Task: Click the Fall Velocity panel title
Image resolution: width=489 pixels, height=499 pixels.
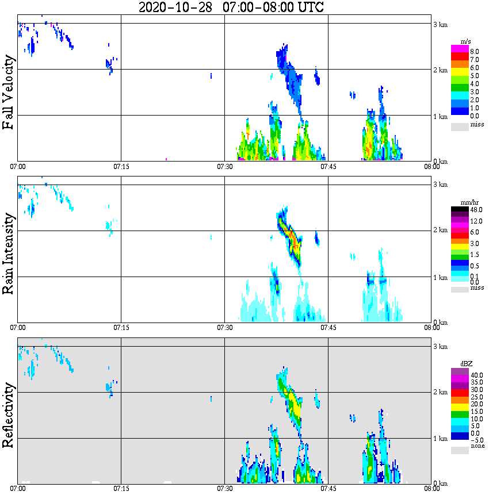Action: point(9,93)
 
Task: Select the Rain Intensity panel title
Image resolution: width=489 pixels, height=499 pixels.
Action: point(9,254)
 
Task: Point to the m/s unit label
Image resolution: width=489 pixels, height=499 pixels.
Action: point(467,41)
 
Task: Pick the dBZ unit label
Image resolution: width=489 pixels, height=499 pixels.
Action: point(467,364)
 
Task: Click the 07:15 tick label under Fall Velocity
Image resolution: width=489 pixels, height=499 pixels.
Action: point(121,167)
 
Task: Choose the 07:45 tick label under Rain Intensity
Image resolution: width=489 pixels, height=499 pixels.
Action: point(328,328)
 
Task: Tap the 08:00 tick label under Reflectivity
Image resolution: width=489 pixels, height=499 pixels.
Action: point(431,489)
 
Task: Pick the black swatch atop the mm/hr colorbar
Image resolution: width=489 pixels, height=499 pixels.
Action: point(460,209)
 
